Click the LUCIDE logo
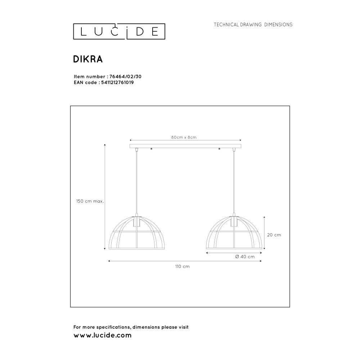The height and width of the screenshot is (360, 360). (119, 31)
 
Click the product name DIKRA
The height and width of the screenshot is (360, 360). (88, 59)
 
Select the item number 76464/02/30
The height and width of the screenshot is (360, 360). (125, 77)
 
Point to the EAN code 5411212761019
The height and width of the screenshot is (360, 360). (118, 82)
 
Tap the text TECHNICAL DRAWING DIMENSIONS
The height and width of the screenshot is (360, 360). (253, 24)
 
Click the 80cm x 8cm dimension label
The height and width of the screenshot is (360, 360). (184, 137)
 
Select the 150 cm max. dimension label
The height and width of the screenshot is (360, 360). (90, 201)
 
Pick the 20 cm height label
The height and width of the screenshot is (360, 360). (274, 235)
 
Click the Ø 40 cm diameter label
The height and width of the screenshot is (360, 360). (245, 257)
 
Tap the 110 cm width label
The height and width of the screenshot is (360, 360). (182, 266)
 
